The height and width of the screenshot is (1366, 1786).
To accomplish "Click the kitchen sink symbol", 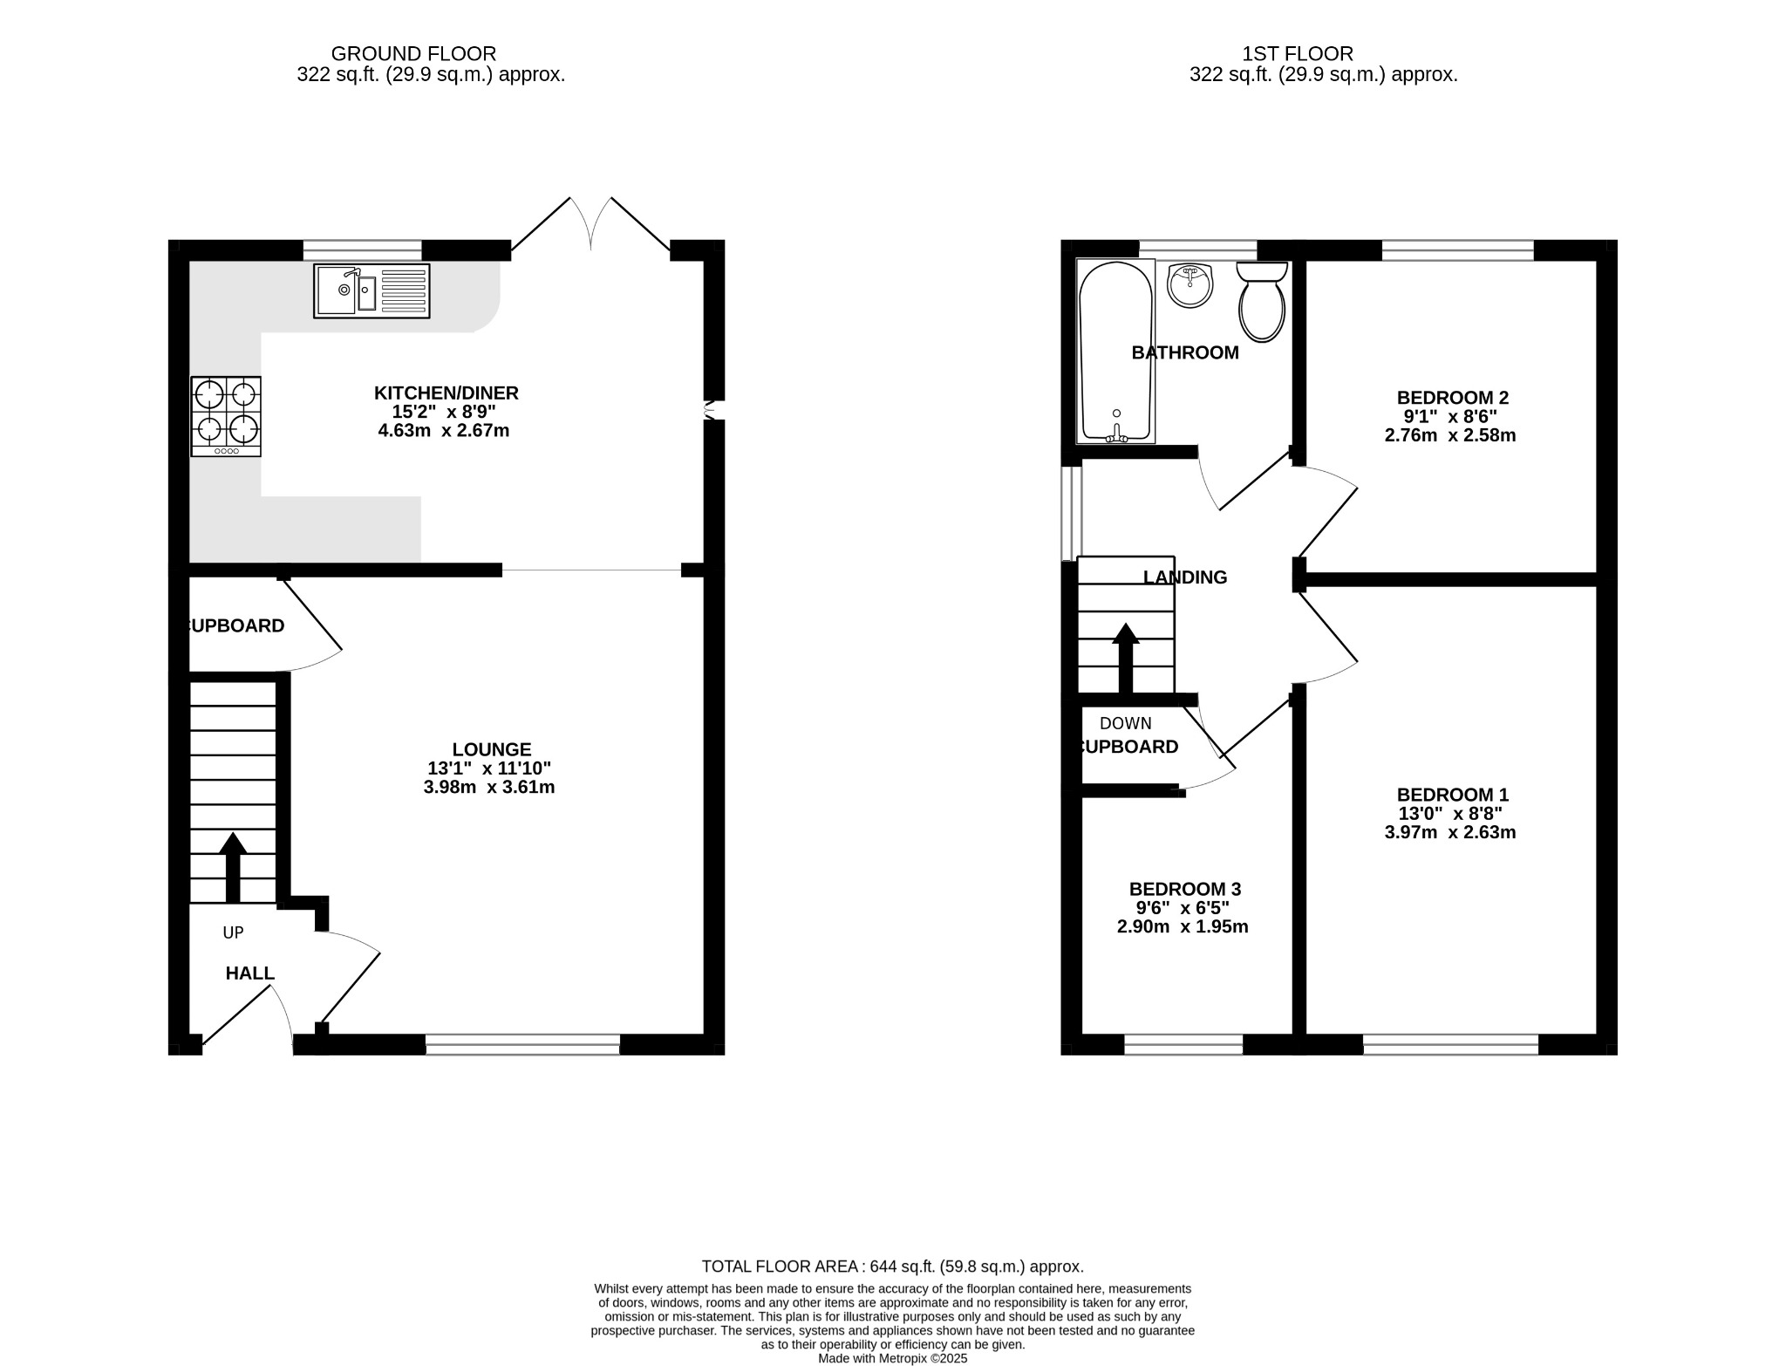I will (372, 290).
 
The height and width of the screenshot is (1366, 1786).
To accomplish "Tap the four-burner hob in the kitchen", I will (226, 416).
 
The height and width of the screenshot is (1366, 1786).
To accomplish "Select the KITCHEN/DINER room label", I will (446, 393).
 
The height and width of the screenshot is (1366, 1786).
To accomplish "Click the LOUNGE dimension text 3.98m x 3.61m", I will (488, 787).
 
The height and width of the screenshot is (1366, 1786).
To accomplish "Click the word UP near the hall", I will (233, 932).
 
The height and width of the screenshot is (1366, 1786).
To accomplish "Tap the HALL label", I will (249, 973).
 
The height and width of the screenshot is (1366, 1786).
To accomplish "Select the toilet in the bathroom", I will (1261, 302).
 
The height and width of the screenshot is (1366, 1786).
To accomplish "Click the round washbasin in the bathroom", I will (1190, 285).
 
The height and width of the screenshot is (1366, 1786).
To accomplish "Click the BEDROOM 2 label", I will (1452, 397).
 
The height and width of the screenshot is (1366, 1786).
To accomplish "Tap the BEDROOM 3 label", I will (1184, 888).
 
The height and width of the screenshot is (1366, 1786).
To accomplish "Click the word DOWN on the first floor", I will (1125, 723).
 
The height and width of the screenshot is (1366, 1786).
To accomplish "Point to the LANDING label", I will (1184, 577).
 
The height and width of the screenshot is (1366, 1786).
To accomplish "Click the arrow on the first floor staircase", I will (1125, 657).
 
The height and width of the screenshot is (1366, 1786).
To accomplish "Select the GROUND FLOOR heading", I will (413, 54).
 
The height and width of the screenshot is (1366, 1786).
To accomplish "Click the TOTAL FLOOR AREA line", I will (892, 1266).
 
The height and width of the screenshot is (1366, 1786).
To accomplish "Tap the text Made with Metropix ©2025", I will (892, 1358).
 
